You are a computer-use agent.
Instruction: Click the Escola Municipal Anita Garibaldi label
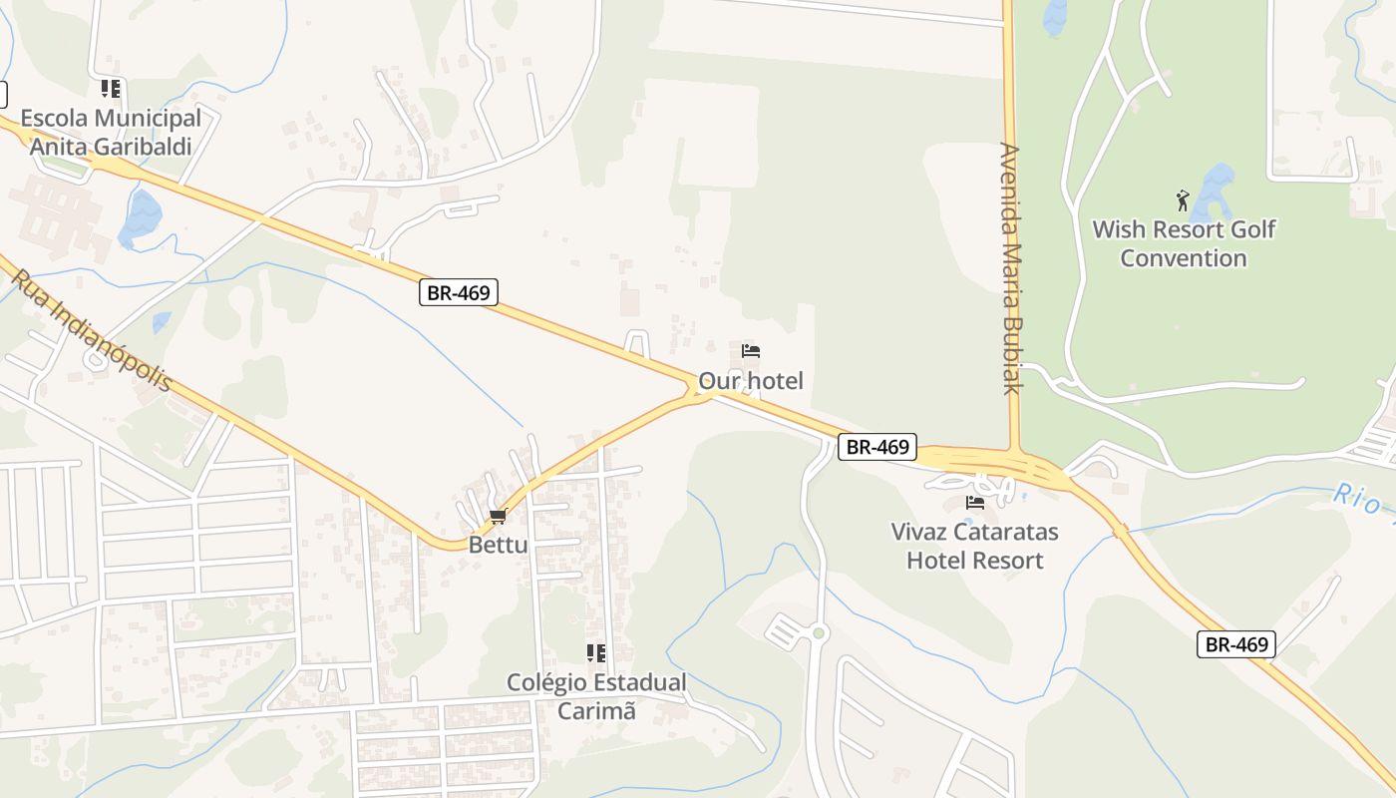point(111,133)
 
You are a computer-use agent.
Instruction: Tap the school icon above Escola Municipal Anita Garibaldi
point(111,89)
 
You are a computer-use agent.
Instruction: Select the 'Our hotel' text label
point(750,380)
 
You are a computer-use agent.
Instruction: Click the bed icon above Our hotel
point(751,351)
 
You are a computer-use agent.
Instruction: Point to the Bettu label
point(498,545)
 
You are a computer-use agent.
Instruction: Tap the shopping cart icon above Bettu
point(498,517)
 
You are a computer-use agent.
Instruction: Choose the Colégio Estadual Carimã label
point(596,696)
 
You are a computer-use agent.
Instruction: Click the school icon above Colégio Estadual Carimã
point(596,653)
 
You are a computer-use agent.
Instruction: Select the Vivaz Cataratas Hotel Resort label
point(974,546)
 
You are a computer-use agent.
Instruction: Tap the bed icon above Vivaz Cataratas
point(975,503)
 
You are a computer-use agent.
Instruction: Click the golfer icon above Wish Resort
point(1183,200)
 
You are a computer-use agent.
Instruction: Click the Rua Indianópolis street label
point(92,330)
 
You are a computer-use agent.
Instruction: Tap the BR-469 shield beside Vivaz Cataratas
point(876,447)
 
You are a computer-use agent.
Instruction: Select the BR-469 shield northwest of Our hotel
point(458,292)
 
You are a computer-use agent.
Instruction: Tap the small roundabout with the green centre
point(819,632)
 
